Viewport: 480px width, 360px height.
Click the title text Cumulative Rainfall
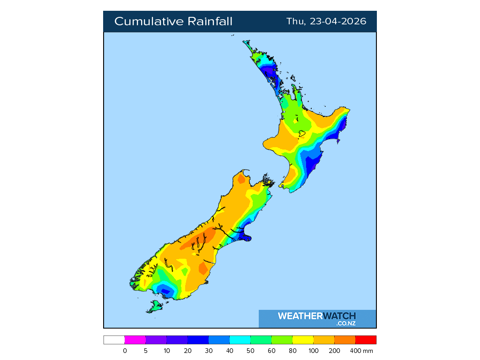pos(173,22)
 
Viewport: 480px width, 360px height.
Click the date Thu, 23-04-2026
pos(326,22)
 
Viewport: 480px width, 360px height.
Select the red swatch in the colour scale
pos(366,340)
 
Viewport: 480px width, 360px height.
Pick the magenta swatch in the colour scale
pos(135,340)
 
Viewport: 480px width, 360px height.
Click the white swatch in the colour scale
pos(114,340)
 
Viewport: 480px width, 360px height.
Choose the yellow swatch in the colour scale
pos(303,340)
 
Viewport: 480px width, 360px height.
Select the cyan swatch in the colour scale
pos(240,340)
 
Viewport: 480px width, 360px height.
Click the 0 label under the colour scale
pos(125,351)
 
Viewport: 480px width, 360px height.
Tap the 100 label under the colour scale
pos(314,351)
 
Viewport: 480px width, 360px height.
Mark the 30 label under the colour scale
pos(209,351)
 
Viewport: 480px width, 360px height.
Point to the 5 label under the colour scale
pos(146,351)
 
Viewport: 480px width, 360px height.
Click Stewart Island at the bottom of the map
pos(155,307)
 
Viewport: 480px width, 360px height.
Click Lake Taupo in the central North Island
pos(302,134)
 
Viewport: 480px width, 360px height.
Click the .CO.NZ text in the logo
pos(346,323)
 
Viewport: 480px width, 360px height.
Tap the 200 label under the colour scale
pos(335,351)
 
